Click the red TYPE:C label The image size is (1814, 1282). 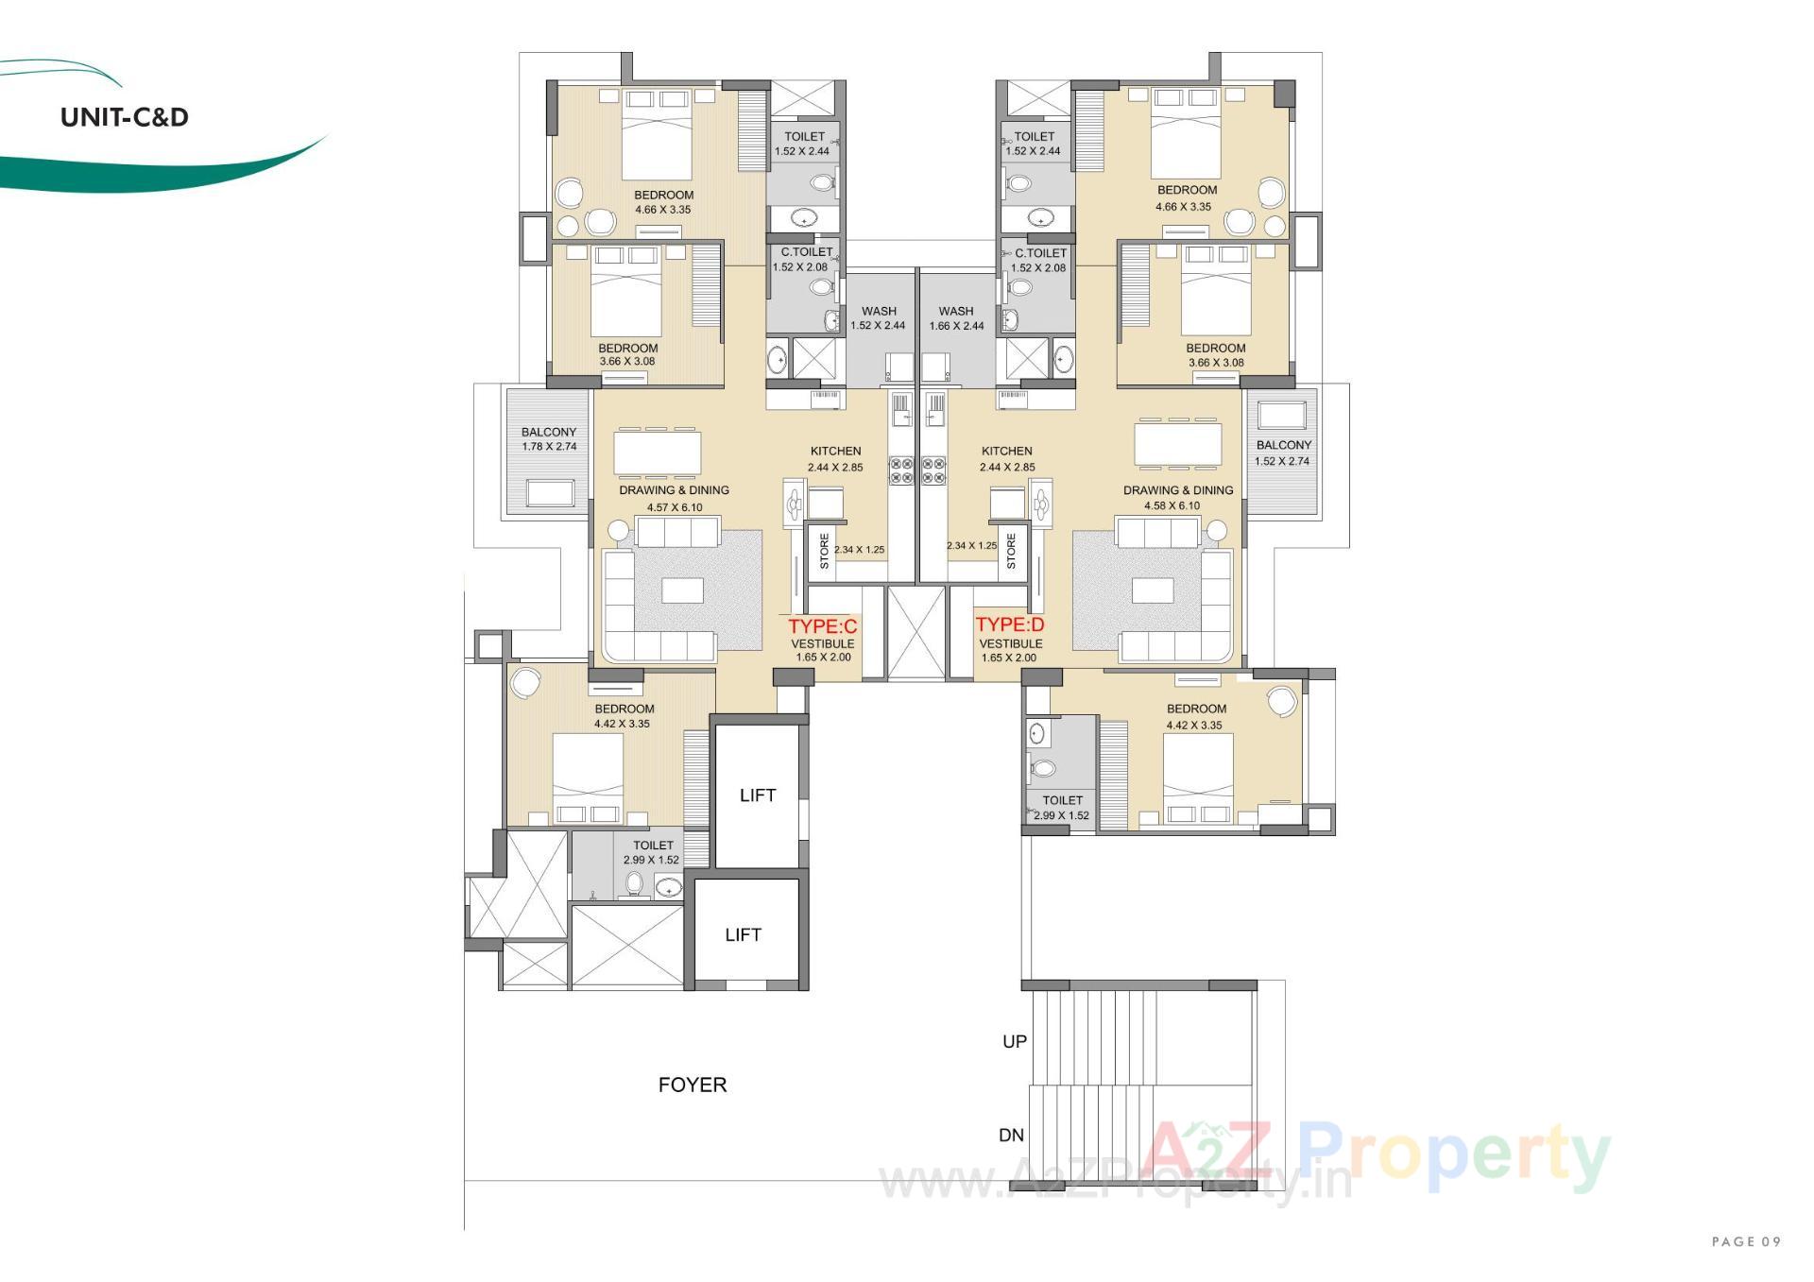(823, 626)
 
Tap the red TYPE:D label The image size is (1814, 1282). (1010, 624)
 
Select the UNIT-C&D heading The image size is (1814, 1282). (125, 117)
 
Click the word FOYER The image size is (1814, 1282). (693, 1085)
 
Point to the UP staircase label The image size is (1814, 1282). (1015, 1041)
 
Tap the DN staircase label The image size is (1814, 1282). (1011, 1135)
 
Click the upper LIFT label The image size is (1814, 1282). (758, 795)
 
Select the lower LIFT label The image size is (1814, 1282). (744, 934)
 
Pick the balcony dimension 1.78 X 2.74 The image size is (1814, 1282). (549, 447)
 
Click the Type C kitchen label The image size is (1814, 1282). (835, 452)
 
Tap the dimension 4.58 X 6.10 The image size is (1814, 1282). (1172, 505)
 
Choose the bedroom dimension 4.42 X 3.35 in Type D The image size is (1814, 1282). (1194, 726)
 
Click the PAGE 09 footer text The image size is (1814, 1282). (1746, 1241)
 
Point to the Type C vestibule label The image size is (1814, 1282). (823, 644)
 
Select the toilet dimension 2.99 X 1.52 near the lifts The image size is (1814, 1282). (651, 861)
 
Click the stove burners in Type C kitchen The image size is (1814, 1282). (900, 470)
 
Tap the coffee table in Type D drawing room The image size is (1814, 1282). (1153, 590)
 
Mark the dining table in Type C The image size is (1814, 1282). (658, 452)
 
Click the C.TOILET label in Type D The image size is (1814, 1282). (1040, 253)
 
